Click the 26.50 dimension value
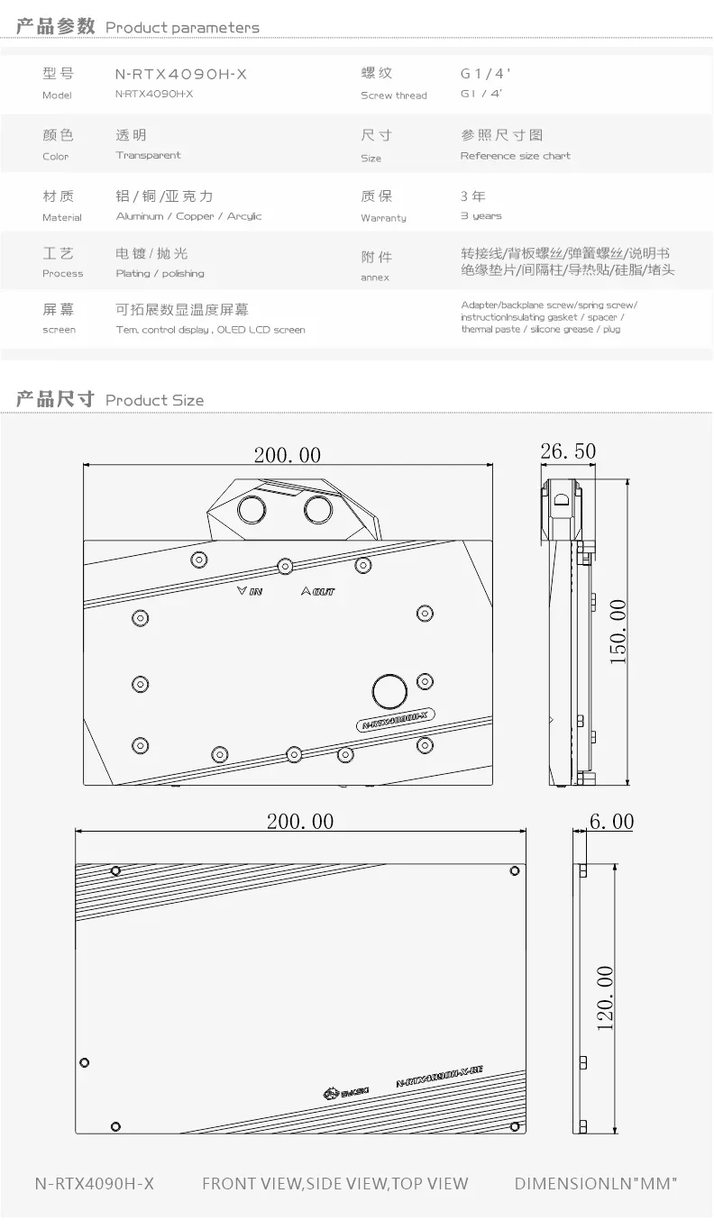[x=567, y=451]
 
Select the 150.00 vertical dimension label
[x=618, y=634]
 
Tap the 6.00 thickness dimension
[x=611, y=822]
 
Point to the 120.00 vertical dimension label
[x=604, y=998]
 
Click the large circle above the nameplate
[x=389, y=692]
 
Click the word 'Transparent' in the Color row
[x=148, y=156]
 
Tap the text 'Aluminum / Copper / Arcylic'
[x=188, y=216]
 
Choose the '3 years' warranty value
[x=481, y=216]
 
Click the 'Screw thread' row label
[x=394, y=96]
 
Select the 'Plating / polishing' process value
[x=160, y=274]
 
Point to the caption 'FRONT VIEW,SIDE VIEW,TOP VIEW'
[x=334, y=1184]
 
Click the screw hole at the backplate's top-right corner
[x=515, y=870]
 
